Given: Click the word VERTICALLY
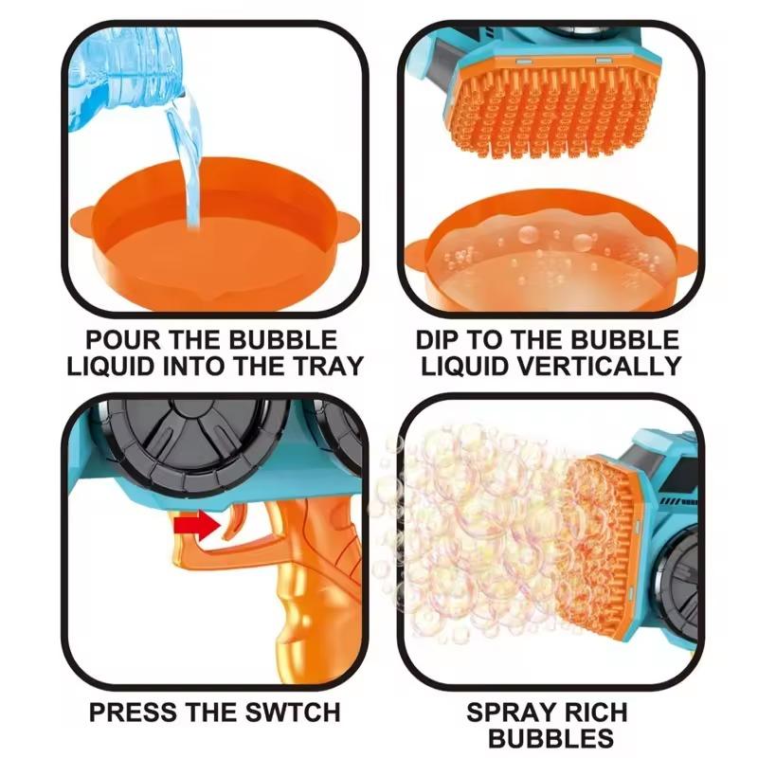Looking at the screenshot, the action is pyautogui.click(x=600, y=366).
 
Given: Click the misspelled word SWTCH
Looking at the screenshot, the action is pyautogui.click(x=293, y=713).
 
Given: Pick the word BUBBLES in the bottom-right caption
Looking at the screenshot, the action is pyautogui.click(x=550, y=738).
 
